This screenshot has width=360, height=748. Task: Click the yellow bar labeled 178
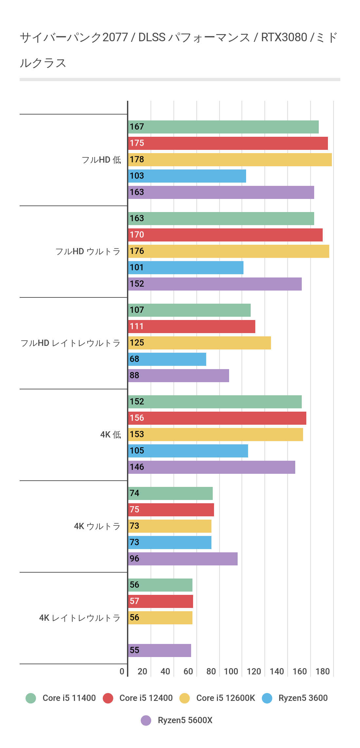pos(230,160)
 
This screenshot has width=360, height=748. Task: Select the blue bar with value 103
pos(187,176)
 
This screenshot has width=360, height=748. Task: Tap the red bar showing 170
pos(225,235)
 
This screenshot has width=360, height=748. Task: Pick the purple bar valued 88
pos(178,376)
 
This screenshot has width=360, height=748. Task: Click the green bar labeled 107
pos(189,310)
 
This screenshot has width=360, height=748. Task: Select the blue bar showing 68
pos(167,359)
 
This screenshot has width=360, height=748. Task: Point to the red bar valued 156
pos(217,418)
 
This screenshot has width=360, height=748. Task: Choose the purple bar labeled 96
pos(183,559)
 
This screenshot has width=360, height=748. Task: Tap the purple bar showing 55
pos(159,650)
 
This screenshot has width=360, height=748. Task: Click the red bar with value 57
pos(160,601)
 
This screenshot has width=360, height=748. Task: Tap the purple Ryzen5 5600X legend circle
pos(146,720)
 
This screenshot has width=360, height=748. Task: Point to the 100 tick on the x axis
pos(231,671)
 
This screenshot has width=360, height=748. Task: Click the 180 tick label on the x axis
pos(322,671)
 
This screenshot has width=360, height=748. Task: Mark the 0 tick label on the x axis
pos(122,671)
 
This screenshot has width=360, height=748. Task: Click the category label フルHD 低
pos(101,160)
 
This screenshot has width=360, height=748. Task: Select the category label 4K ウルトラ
pos(97,526)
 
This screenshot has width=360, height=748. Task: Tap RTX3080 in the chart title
pos(284,38)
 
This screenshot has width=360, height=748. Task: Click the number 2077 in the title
pos(115,38)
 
